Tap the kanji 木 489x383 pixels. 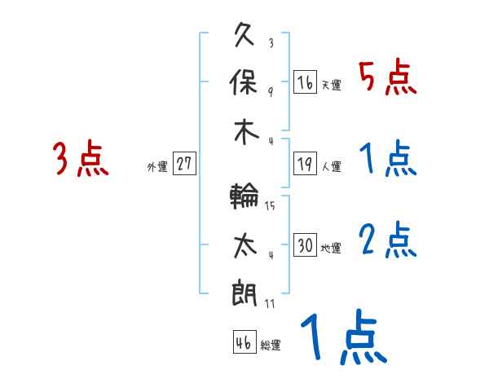coord(245,132)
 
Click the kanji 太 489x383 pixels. coord(245,245)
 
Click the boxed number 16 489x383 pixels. coord(305,82)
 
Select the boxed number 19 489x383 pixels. coord(305,164)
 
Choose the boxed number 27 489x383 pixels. coord(184,164)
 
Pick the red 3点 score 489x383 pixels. coord(81,159)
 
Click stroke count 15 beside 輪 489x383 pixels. coord(270,206)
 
